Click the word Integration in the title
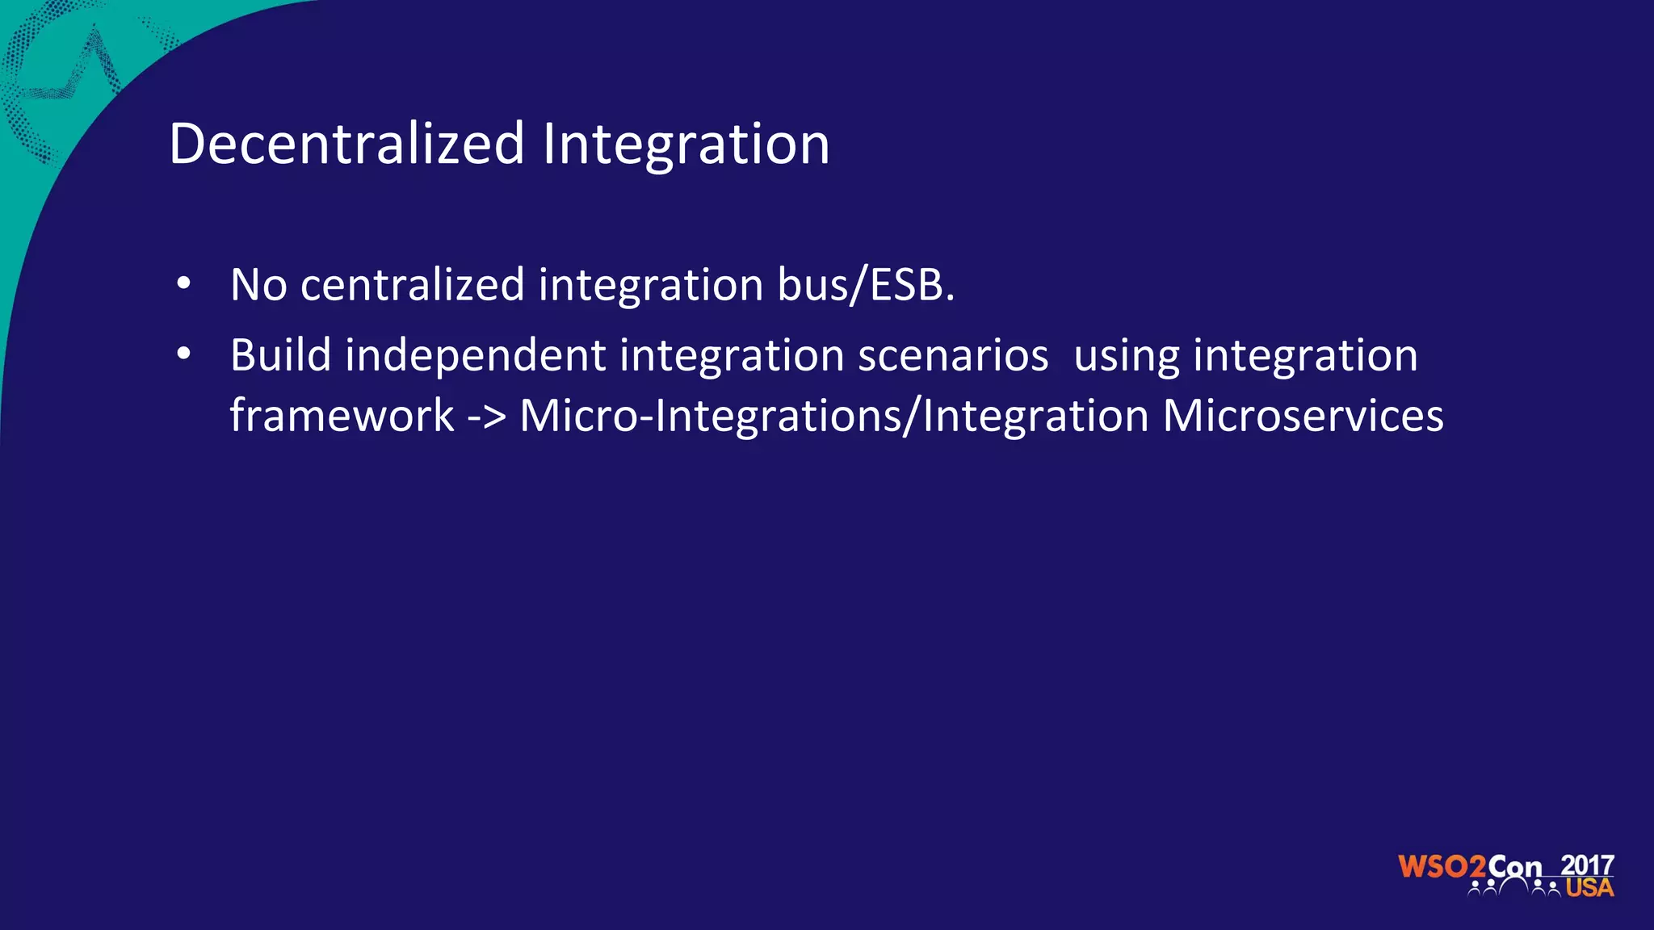(686, 144)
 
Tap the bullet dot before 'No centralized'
(184, 283)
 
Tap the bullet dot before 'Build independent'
(184, 354)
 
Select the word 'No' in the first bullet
(258, 285)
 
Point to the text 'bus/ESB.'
(866, 285)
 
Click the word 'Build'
(280, 355)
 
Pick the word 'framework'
(342, 416)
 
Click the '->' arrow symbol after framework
(486, 417)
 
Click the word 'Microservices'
(1303, 416)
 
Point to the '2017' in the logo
(1587, 865)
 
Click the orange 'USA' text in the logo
(1589, 888)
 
